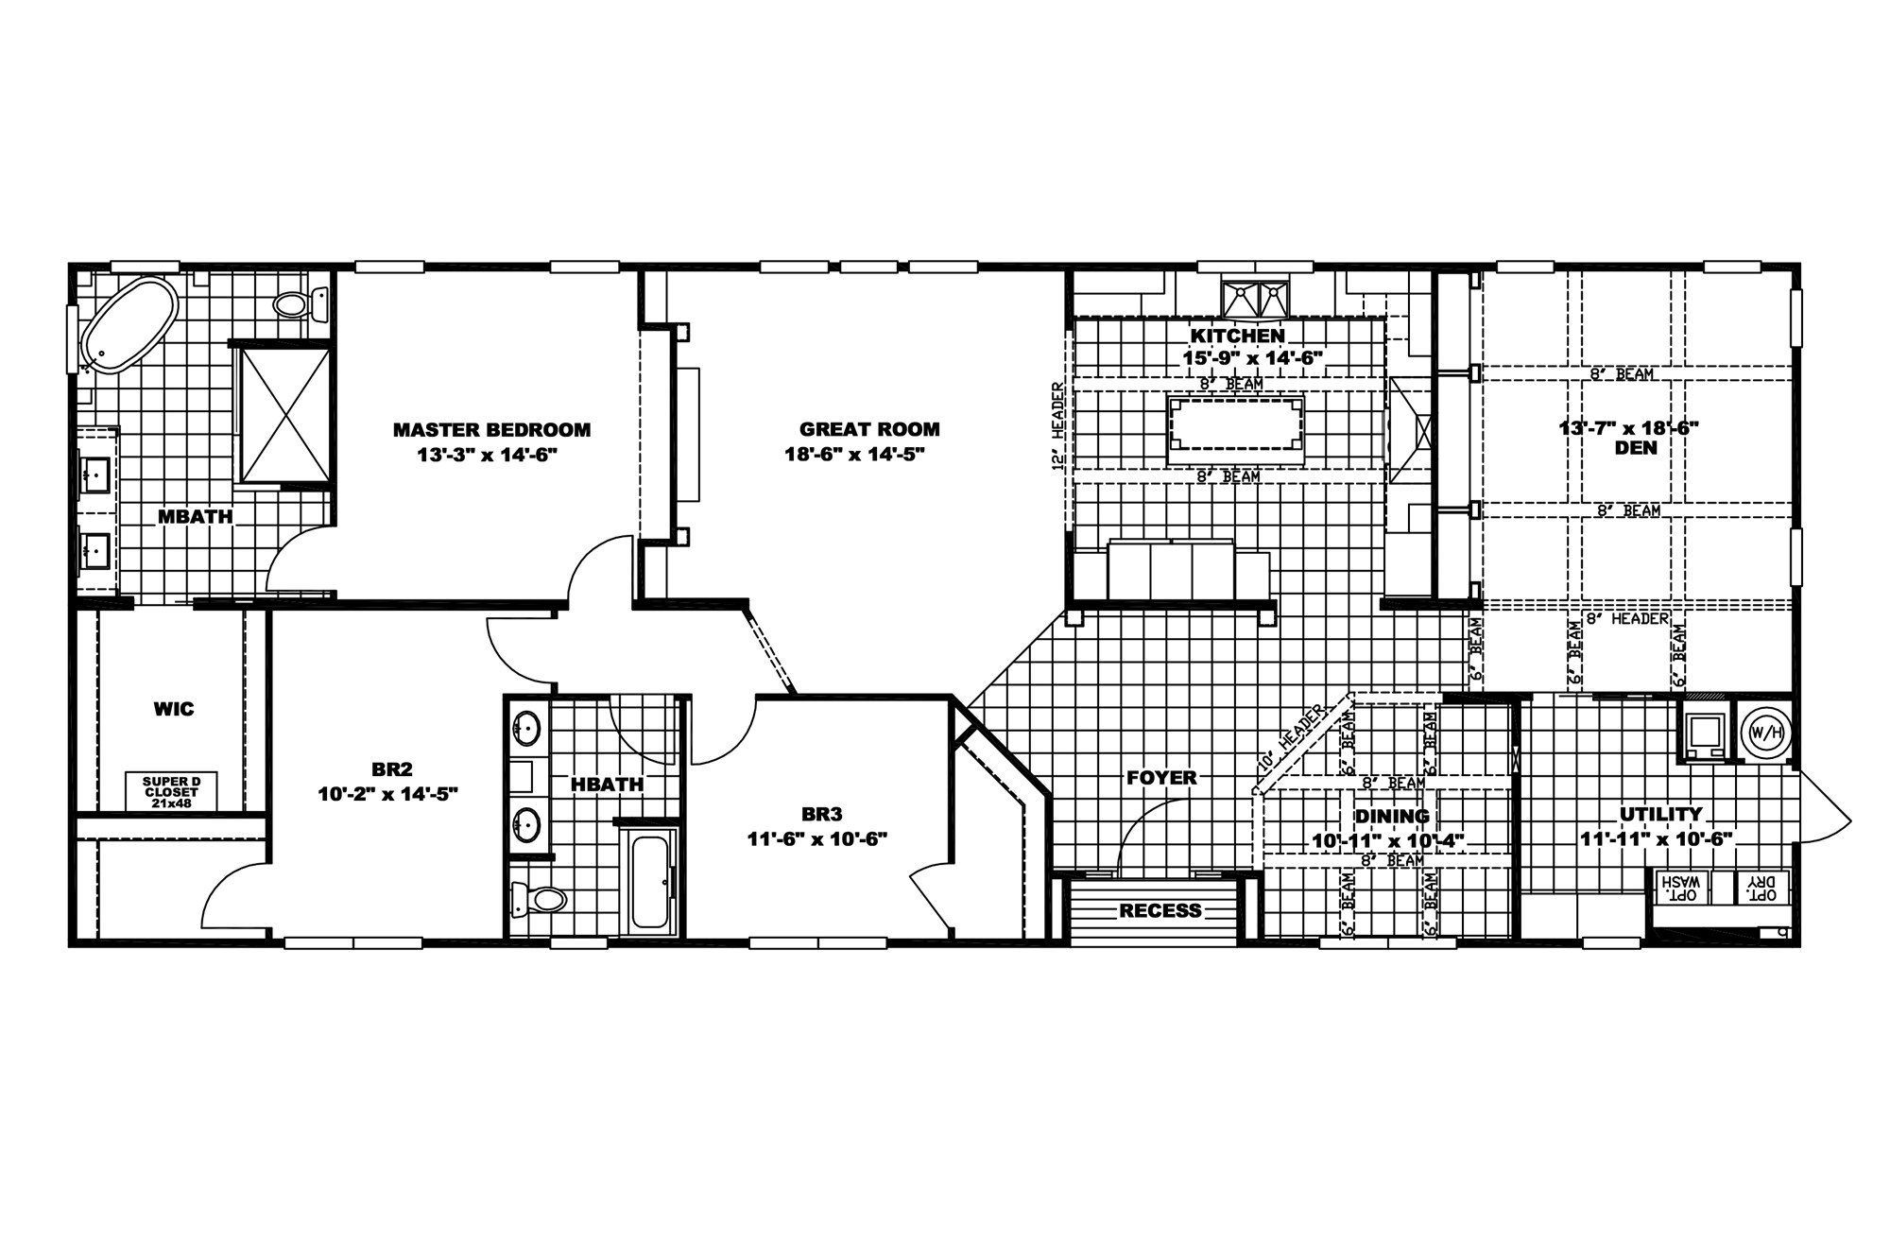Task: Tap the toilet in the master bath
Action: coord(299,304)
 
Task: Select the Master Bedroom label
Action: coord(491,430)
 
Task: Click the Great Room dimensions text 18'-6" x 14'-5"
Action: coord(854,454)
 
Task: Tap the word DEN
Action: coord(1636,448)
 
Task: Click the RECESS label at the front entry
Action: coord(1160,910)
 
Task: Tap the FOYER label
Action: coord(1161,778)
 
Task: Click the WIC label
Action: coord(174,708)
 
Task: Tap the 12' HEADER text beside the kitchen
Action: coord(1058,426)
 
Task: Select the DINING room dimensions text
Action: coord(1387,840)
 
